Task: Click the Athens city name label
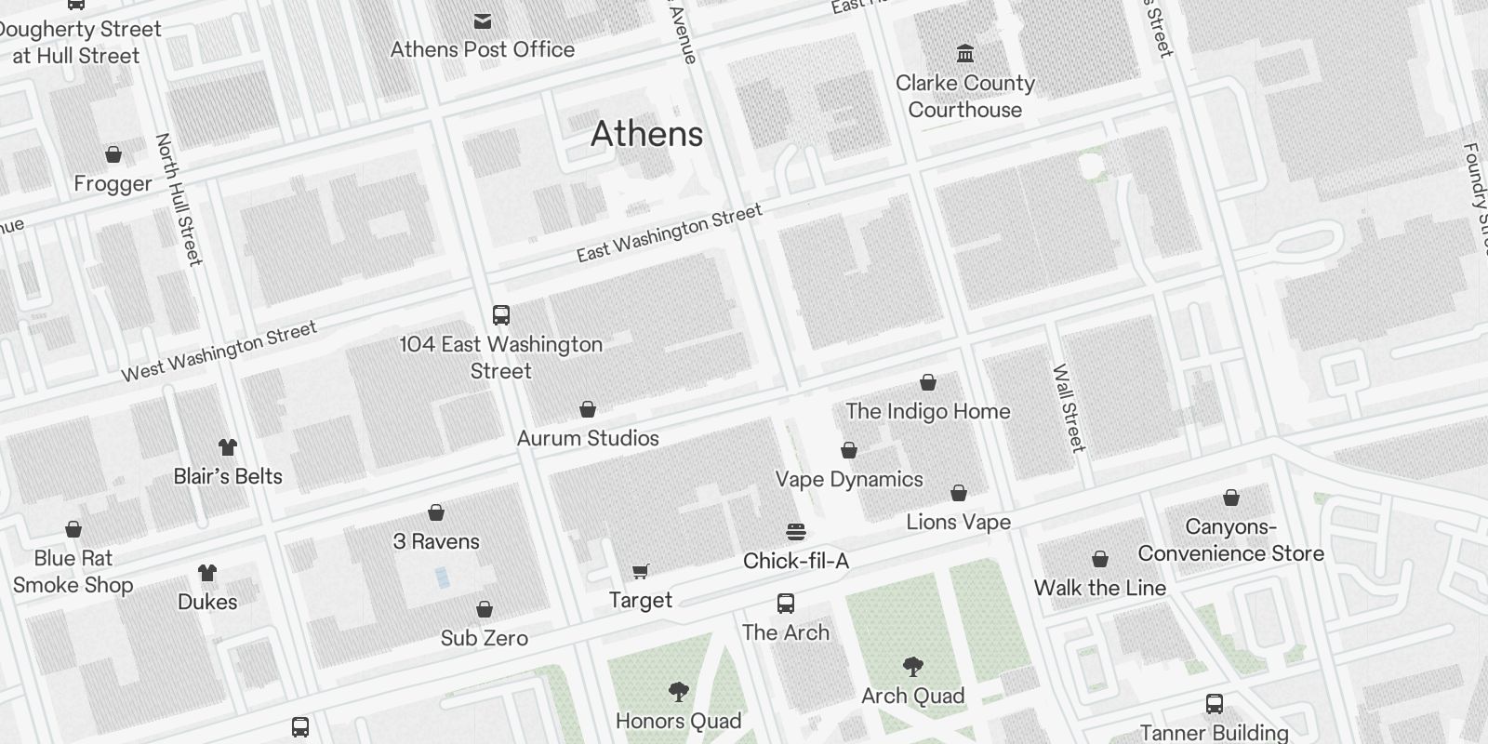[x=646, y=134]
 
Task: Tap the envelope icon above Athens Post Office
[x=483, y=20]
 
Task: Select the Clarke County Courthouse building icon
[x=965, y=53]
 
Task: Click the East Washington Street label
[x=669, y=233]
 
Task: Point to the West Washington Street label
[x=219, y=352]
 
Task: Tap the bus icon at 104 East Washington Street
[x=501, y=314]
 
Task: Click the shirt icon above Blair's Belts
[x=228, y=447]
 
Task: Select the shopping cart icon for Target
[x=641, y=571]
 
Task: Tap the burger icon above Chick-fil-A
[x=795, y=532]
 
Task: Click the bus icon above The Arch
[x=786, y=604]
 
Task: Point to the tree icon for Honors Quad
[x=679, y=692]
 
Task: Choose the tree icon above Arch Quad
[x=912, y=666]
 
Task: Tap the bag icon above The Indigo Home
[x=928, y=382]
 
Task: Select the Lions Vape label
[x=958, y=523]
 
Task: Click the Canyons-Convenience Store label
[x=1230, y=540]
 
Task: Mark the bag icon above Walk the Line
[x=1100, y=559]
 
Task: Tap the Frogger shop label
[x=113, y=184]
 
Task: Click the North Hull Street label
[x=179, y=199]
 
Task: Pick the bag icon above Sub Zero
[x=485, y=609]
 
